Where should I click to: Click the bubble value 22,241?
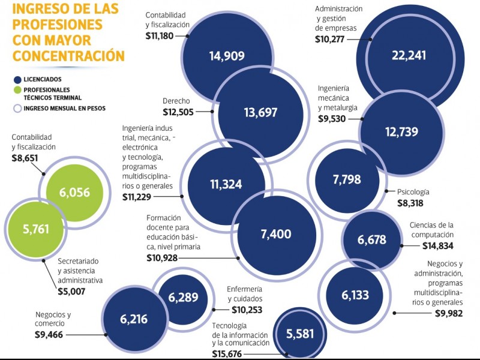pyautogui.click(x=409, y=56)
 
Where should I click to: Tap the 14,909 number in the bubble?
pyautogui.click(x=227, y=57)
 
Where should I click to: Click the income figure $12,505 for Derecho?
pyautogui.click(x=178, y=112)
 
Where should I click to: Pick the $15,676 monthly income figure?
pyautogui.click(x=232, y=354)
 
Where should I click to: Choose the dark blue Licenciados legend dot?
pyautogui.click(x=17, y=79)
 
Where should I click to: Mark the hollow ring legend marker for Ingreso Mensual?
pyautogui.click(x=17, y=109)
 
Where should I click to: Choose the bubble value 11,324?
pyautogui.click(x=226, y=184)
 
